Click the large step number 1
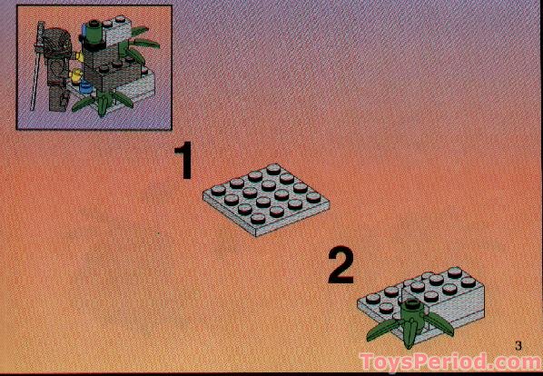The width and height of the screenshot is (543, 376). pyautogui.click(x=184, y=161)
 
